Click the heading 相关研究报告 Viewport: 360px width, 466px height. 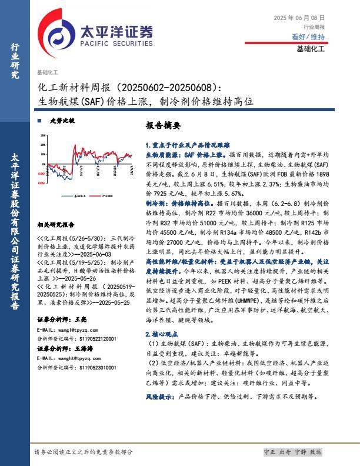[x=56, y=224]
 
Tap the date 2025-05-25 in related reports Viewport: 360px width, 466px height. [x=102, y=301]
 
